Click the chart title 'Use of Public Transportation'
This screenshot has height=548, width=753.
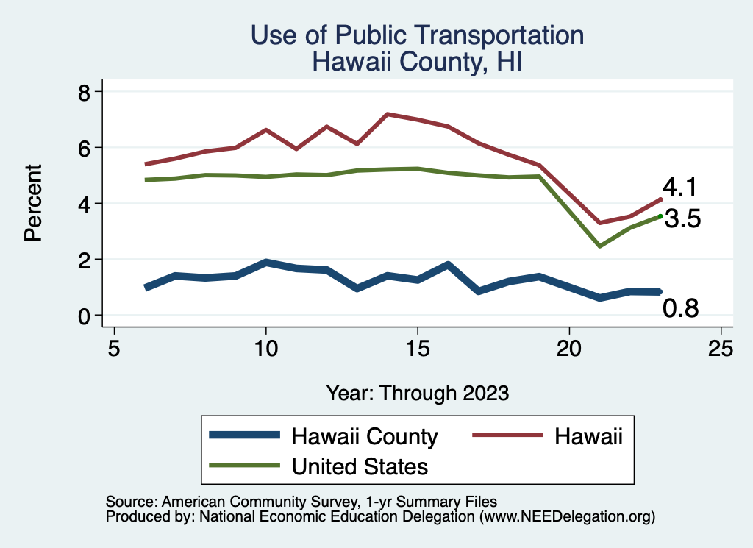point(418,35)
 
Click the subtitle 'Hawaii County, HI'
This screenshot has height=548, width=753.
point(418,61)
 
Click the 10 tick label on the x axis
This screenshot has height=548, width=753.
point(265,348)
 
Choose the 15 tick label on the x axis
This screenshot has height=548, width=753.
point(417,348)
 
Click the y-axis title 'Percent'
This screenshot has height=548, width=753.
point(32,203)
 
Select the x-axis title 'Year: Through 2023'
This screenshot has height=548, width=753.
point(418,393)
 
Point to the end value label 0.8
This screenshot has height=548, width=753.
point(680,309)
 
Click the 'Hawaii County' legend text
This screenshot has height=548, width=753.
point(365,436)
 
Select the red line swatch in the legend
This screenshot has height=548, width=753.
point(497,436)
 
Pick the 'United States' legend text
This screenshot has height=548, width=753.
point(360,466)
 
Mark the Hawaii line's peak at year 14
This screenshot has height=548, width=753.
point(387,114)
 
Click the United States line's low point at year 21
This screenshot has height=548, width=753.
point(600,246)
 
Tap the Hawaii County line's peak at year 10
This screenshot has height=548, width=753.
point(265,262)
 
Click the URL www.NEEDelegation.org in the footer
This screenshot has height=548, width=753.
point(566,516)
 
